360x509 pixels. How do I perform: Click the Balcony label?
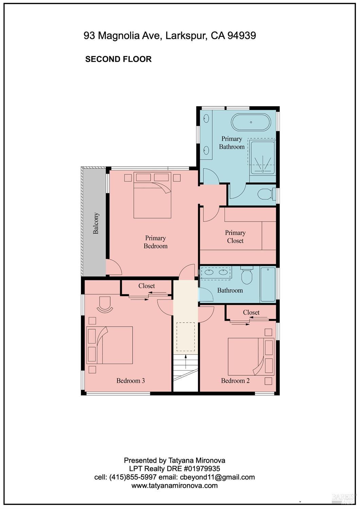(96, 223)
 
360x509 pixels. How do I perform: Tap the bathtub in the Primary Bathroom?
(251, 122)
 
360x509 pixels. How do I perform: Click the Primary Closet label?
(235, 236)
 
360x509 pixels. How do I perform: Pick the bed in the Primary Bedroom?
(152, 195)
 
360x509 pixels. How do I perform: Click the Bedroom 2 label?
(235, 381)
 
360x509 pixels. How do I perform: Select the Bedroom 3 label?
(131, 381)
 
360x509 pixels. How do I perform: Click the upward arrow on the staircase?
(186, 362)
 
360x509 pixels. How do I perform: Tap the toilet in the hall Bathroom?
(247, 275)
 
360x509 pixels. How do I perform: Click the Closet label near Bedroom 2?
(251, 313)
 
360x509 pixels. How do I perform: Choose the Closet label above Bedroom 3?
(146, 286)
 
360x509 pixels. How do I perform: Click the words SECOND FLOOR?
(118, 59)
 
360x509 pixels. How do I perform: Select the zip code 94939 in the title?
(242, 35)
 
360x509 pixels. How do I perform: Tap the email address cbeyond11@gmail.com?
(217, 477)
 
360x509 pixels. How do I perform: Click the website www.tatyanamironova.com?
(175, 486)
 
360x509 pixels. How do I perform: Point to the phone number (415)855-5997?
(133, 477)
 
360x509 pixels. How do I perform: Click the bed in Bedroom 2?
(251, 356)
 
